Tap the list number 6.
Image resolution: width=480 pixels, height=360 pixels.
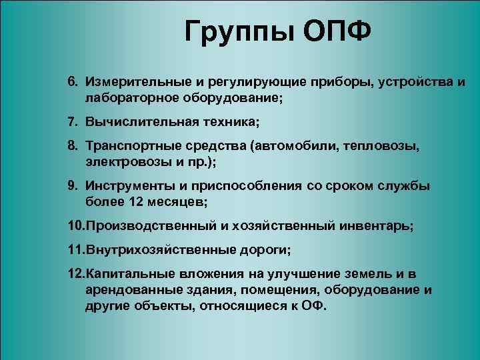(x=71, y=81)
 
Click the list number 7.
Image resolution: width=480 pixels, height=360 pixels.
(x=71, y=123)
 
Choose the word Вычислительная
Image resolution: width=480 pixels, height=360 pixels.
(x=133, y=123)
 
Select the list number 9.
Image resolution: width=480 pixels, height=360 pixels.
(x=71, y=185)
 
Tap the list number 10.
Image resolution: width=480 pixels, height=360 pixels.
(x=75, y=226)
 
